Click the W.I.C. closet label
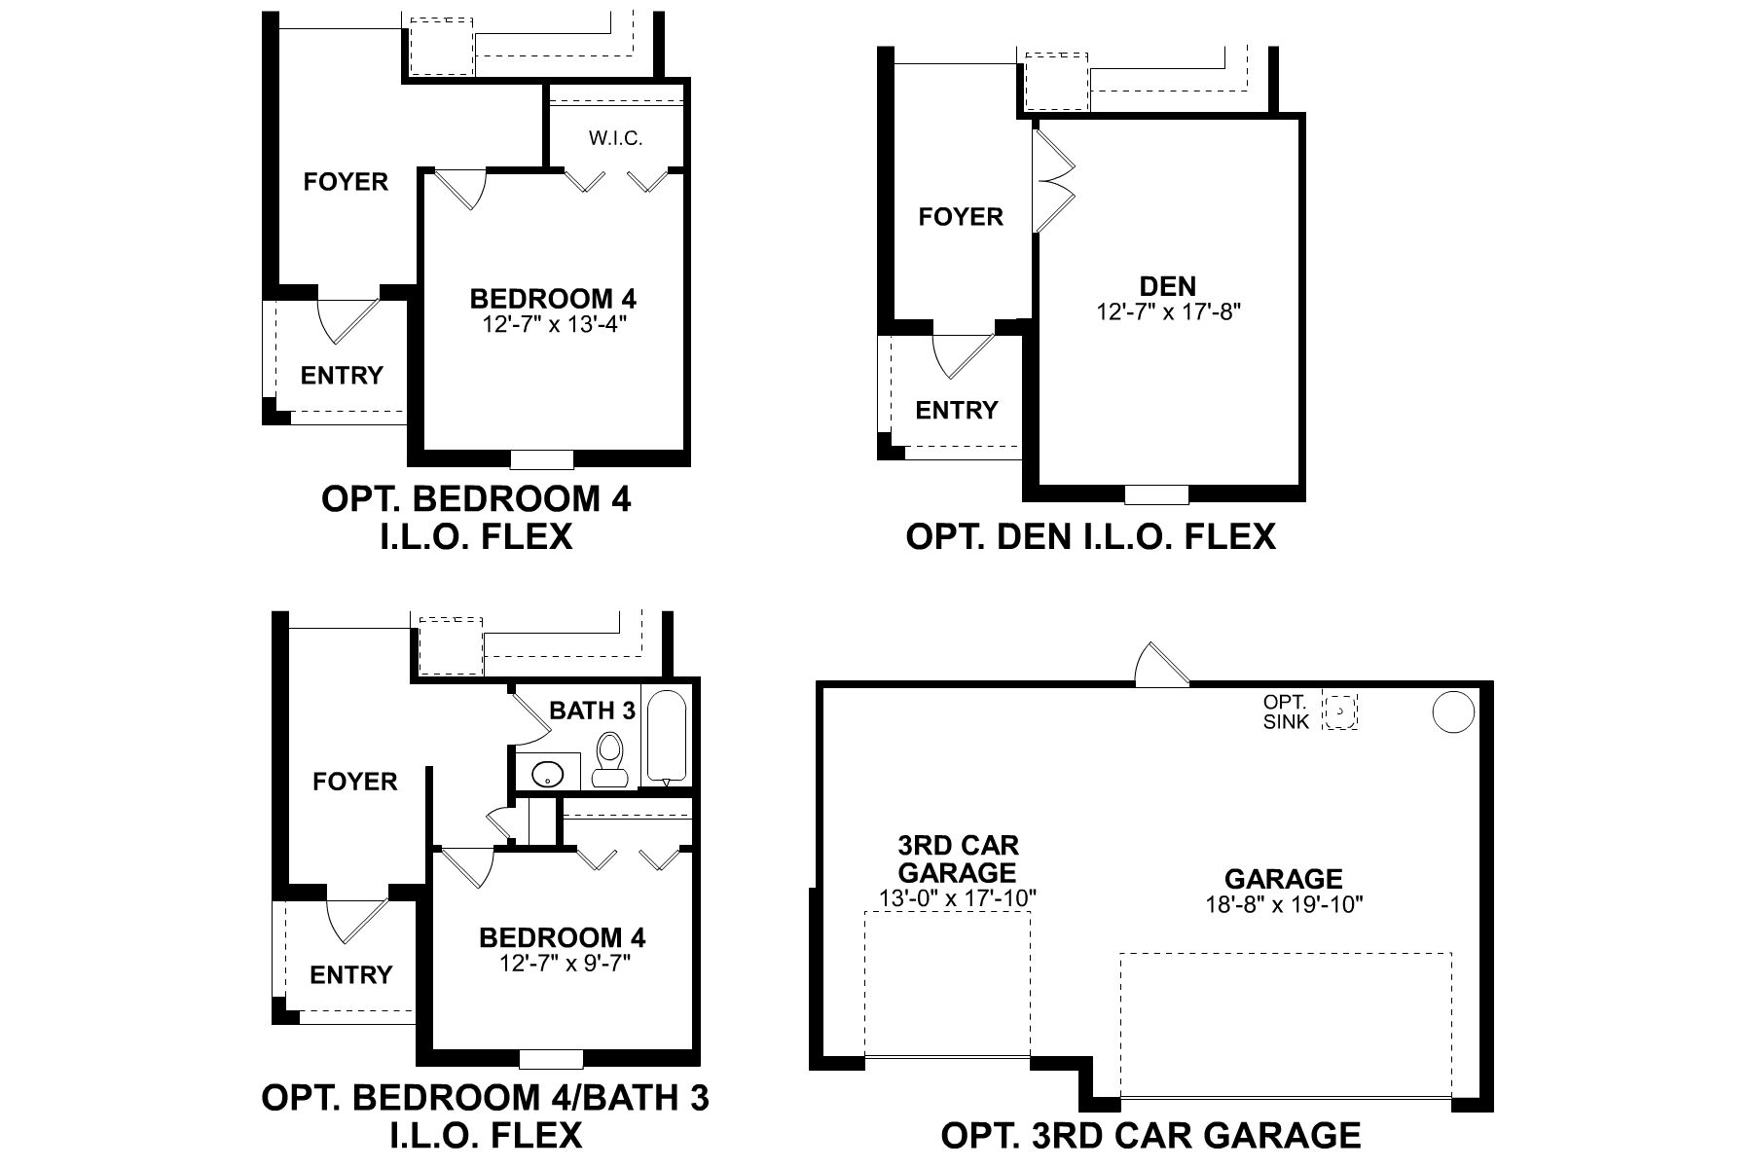615,138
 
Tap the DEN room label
1168,286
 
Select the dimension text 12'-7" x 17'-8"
1168,311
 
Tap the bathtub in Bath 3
667,737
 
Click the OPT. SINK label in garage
1286,712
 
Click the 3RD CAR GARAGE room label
958,858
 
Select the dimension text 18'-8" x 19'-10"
1283,904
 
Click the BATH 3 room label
592,711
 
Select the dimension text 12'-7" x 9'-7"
562,964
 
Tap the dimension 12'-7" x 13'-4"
553,323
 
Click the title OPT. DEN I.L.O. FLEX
1090,536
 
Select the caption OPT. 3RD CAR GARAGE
1150,1135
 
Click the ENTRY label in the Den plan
956,410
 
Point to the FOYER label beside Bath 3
354,782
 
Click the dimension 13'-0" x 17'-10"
958,897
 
